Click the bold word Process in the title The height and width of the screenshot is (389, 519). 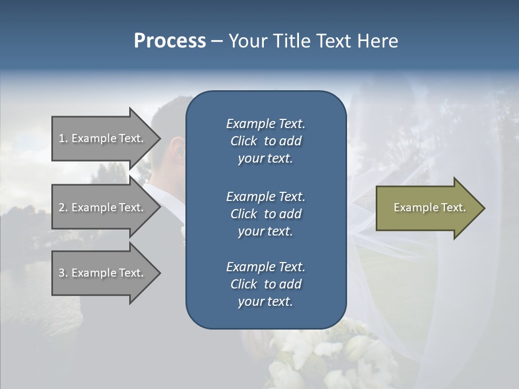170,41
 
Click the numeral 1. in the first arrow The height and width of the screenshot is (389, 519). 63,138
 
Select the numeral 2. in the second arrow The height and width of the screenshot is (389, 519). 63,207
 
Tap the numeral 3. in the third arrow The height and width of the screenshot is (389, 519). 63,273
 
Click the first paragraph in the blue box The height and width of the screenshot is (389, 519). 265,141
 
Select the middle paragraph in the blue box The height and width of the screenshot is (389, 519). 265,214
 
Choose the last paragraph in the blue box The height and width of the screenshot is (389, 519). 265,284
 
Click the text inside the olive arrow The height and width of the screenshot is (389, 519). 429,207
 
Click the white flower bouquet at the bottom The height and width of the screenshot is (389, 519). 335,357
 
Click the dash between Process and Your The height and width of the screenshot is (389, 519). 217,42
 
